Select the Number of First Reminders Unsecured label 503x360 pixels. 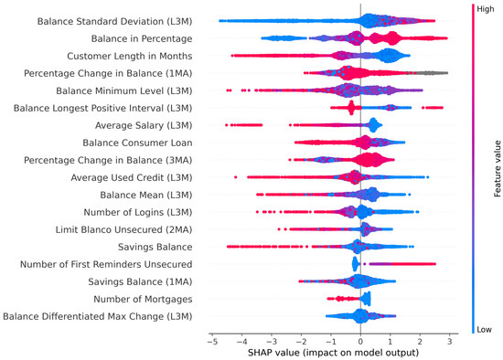[x=102, y=264]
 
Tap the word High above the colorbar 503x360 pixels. [x=479, y=6]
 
